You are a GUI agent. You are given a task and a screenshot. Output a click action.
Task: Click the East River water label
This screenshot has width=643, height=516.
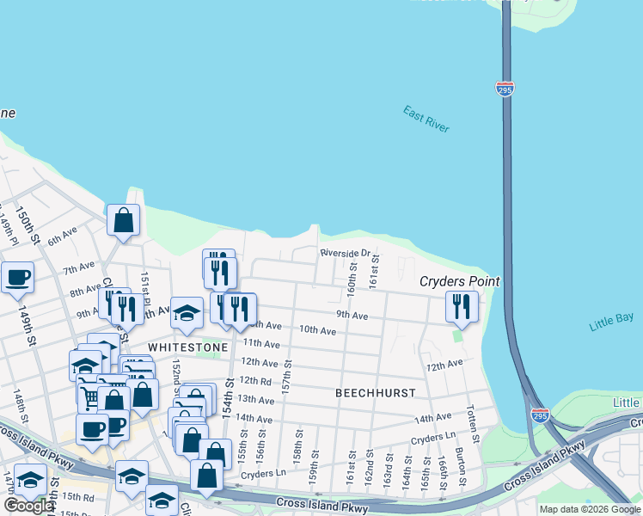426,119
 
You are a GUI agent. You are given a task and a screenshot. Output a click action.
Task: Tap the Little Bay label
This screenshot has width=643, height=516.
611,321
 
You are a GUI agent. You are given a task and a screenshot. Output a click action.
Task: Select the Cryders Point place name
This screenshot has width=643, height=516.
459,281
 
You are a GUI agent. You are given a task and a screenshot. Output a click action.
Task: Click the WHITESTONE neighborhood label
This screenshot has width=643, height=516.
188,347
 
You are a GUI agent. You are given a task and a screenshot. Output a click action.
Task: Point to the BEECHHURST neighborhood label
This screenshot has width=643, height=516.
375,393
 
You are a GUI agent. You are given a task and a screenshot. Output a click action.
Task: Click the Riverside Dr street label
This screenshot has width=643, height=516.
345,254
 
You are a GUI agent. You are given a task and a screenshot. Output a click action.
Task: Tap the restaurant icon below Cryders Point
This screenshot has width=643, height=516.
462,308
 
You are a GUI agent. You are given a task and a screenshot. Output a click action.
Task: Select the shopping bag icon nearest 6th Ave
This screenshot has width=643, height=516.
124,220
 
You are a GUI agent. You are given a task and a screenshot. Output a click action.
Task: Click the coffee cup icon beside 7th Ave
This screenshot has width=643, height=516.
17,279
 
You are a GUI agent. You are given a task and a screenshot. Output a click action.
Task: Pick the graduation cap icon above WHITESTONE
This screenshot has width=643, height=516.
187,314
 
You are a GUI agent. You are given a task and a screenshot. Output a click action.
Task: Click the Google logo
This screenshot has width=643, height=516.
28,506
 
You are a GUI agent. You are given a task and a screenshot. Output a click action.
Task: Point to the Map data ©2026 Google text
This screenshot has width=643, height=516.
589,509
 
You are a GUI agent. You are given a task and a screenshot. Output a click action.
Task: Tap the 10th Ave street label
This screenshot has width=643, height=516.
317,330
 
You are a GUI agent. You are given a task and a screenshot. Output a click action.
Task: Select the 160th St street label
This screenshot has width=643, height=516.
352,276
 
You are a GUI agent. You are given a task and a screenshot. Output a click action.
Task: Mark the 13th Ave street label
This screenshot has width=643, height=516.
254,399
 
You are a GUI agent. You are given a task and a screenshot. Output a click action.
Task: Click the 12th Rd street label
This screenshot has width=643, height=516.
254,380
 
